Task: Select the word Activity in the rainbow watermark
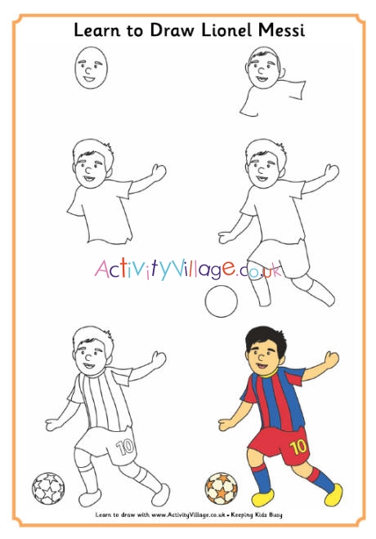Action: [131, 269]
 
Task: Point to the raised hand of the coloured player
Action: [331, 360]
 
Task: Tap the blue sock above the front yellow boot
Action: [262, 479]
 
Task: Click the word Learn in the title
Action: [93, 31]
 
